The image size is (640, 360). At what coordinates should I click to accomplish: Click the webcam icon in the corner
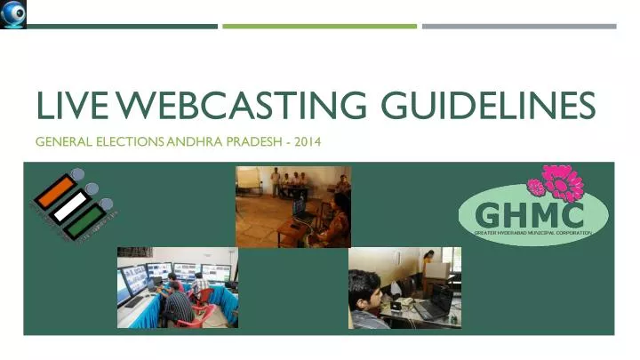(x=13, y=13)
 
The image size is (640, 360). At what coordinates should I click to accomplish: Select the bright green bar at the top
(x=319, y=26)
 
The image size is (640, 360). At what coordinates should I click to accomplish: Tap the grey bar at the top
(x=518, y=26)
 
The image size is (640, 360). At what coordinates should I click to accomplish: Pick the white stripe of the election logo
(x=70, y=204)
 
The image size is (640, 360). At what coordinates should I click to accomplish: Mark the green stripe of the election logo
(x=86, y=220)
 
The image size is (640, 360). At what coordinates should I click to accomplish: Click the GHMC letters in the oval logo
(x=531, y=214)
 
